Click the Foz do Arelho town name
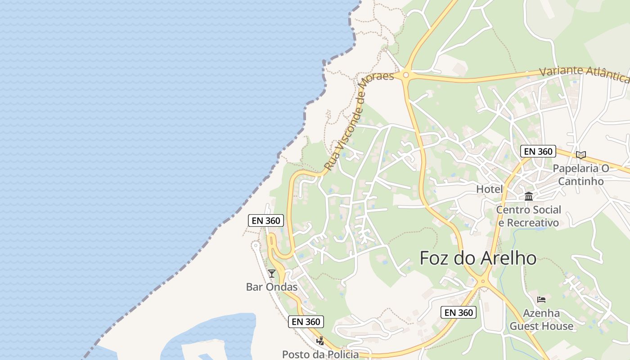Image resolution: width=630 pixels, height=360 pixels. pos(478,258)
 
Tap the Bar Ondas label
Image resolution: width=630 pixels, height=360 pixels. pos(272,287)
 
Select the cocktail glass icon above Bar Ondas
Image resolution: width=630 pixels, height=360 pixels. pos(272,273)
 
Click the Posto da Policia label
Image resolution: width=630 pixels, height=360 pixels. pos(320,354)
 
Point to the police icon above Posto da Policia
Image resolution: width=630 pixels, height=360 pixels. pos(320,341)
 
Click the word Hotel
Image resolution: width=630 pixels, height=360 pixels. pos(490,189)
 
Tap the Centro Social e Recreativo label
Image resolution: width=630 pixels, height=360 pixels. pos(529,216)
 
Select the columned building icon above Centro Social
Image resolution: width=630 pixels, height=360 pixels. pos(529,197)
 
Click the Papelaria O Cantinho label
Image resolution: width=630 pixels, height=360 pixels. pos(581,175)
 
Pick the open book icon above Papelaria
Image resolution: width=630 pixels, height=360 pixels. pos(581,155)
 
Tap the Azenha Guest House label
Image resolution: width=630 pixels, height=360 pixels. pos(541,319)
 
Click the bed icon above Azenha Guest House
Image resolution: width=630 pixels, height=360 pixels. pos(541,300)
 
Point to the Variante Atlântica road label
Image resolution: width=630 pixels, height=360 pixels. pos(584,74)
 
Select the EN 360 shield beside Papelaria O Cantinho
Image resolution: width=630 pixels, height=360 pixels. pos(538,151)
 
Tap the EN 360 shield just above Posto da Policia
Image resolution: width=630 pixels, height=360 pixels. pos(306,321)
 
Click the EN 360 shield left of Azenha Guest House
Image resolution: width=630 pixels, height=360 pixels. pos(458,312)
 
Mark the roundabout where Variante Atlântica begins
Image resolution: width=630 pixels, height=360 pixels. pos(406,75)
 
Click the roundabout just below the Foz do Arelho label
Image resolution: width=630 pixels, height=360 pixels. pos(483,282)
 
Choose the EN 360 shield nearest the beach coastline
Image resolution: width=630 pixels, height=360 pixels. pos(266,220)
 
